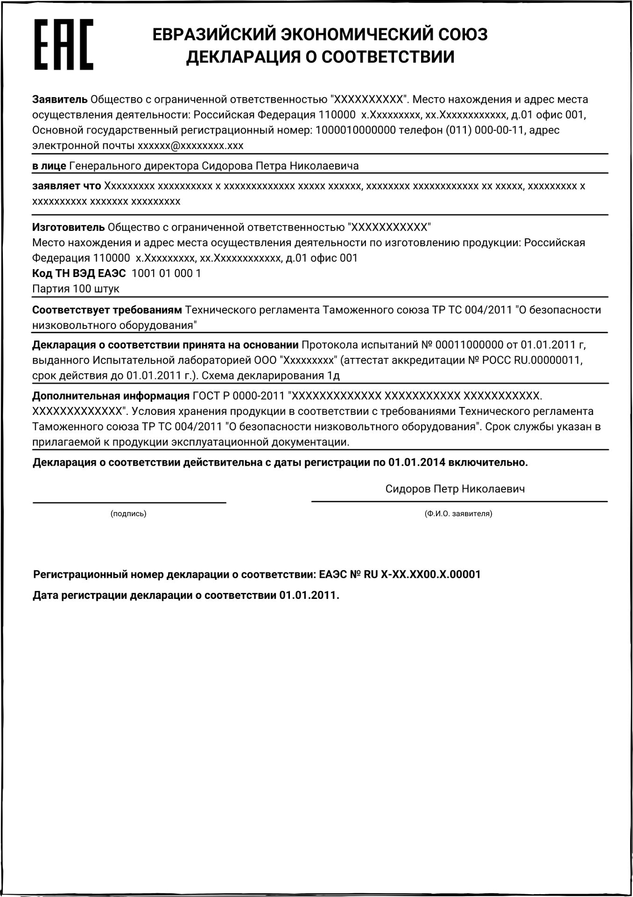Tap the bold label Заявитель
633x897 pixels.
pos(60,100)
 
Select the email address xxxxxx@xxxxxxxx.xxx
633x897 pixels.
pos(190,146)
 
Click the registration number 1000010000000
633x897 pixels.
pos(356,130)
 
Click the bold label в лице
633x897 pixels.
pos(49,166)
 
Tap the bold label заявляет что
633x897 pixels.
pos(66,186)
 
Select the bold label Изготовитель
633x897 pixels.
pos(68,228)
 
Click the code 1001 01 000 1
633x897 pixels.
pos(167,273)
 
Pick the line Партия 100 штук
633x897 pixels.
pos(76,289)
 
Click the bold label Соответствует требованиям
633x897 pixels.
pos(107,310)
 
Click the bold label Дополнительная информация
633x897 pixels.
pos(111,396)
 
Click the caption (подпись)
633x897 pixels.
pos(128,514)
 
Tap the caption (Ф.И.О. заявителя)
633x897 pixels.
pos(458,514)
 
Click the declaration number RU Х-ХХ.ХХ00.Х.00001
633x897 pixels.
pos(422,575)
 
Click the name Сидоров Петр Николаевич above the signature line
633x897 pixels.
pos(455,489)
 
